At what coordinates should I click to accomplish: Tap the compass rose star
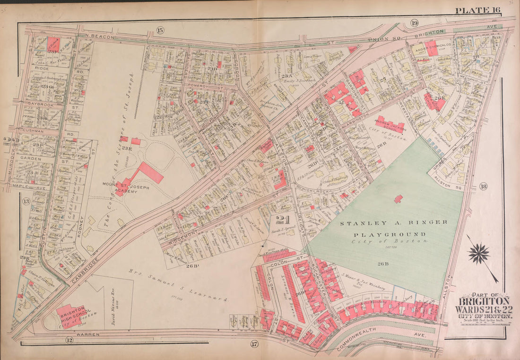coord(478,253)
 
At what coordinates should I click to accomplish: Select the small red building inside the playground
coord(399,199)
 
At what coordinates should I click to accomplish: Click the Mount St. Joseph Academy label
coord(115,186)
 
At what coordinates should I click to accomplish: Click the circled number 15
coord(160,30)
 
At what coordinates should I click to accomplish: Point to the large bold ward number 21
coord(282,220)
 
